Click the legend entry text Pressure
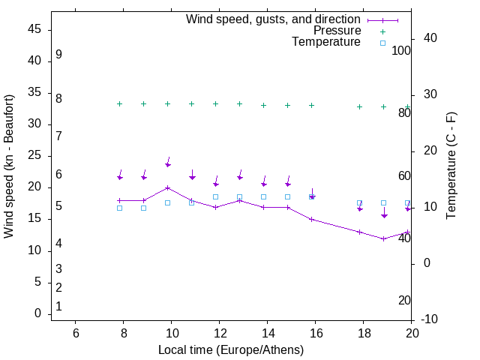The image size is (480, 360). pos(337,31)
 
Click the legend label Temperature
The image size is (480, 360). pos(326,42)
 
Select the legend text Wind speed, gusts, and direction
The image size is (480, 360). pos(273,19)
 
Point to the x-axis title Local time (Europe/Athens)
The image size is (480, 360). pos(231,349)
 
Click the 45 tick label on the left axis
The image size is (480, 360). pos(34,29)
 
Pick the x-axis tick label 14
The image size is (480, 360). pos(267,333)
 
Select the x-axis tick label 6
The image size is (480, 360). pos(75,333)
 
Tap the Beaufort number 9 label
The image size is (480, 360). pos(58,55)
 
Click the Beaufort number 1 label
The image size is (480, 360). pos(58,307)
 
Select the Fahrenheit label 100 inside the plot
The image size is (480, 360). pos(401,50)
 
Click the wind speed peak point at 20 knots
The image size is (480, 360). pos(168,187)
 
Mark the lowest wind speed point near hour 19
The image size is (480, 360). pos(384,238)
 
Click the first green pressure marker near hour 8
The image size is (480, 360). pos(120,103)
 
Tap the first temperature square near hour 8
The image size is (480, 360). pos(120,208)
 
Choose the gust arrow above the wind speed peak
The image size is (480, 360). pos(168,163)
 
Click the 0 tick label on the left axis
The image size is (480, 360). pos(38,313)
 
